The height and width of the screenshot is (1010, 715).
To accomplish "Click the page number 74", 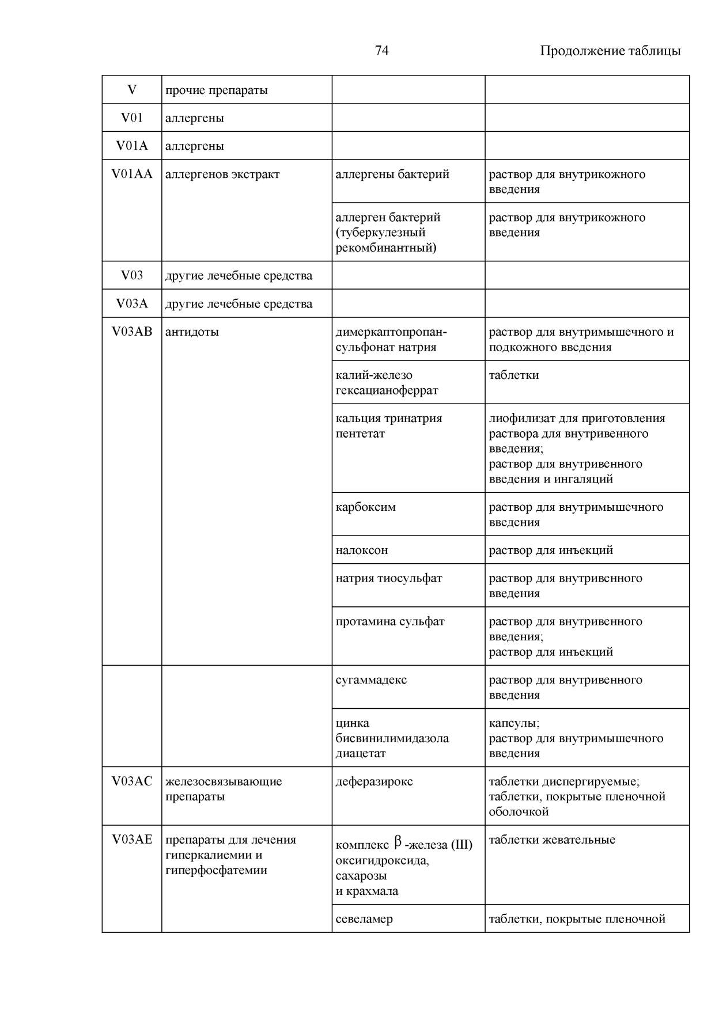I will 381,51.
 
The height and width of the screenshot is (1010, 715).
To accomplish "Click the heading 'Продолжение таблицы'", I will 610,51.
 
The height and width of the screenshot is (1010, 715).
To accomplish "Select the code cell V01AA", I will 132,174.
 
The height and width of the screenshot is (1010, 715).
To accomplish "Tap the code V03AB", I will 132,332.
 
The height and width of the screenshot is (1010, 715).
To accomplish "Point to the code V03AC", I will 132,781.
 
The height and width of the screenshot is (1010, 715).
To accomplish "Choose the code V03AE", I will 132,840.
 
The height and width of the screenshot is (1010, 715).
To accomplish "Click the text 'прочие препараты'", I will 216,90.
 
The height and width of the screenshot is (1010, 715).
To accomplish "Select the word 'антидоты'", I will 192,332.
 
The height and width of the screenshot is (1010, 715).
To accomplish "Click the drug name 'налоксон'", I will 362,550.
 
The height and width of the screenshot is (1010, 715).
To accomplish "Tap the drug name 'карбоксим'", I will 365,507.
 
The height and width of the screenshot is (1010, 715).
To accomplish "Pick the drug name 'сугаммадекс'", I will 371,680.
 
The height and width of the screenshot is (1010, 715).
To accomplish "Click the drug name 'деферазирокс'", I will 374,781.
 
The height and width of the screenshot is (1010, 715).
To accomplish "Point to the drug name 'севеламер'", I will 364,919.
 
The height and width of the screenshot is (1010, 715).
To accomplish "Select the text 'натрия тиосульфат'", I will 389,578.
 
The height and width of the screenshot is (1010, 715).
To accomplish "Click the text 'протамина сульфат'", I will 390,622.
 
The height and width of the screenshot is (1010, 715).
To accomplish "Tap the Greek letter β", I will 398,843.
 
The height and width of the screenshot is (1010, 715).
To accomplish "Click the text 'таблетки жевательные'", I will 551,840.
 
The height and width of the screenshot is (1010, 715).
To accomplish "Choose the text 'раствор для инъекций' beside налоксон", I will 550,550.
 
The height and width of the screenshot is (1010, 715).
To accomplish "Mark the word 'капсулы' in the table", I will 513,723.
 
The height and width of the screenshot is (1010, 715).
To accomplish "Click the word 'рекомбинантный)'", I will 386,248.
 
